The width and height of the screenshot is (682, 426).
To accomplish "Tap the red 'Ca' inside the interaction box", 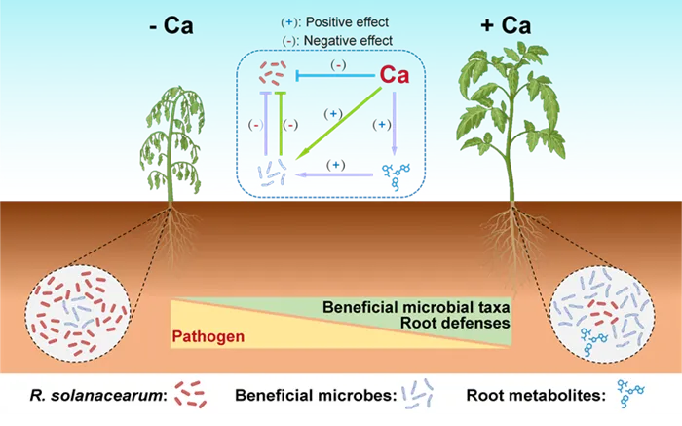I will (394, 75).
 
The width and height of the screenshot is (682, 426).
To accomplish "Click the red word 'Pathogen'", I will (208, 338).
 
